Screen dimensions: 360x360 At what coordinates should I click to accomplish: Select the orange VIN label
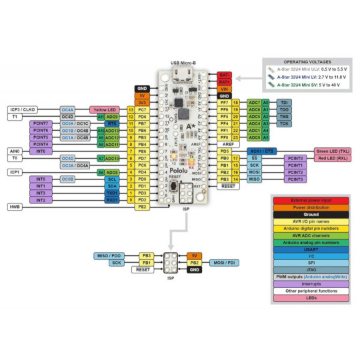(x=225, y=88)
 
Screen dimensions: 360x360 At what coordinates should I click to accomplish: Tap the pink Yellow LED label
(x=104, y=109)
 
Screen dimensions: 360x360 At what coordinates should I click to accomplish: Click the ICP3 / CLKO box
(x=27, y=109)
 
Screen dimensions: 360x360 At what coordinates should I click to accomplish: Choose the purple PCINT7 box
(x=41, y=123)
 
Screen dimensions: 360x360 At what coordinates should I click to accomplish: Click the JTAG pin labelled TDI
(x=284, y=103)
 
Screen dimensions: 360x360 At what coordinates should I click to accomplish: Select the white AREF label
(x=227, y=143)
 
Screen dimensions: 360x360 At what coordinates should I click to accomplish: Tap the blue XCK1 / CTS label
(x=261, y=151)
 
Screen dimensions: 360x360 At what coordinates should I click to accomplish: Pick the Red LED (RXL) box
(x=333, y=159)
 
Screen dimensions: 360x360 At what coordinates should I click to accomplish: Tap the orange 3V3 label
(x=142, y=102)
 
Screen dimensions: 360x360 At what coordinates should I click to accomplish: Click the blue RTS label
(x=113, y=123)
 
